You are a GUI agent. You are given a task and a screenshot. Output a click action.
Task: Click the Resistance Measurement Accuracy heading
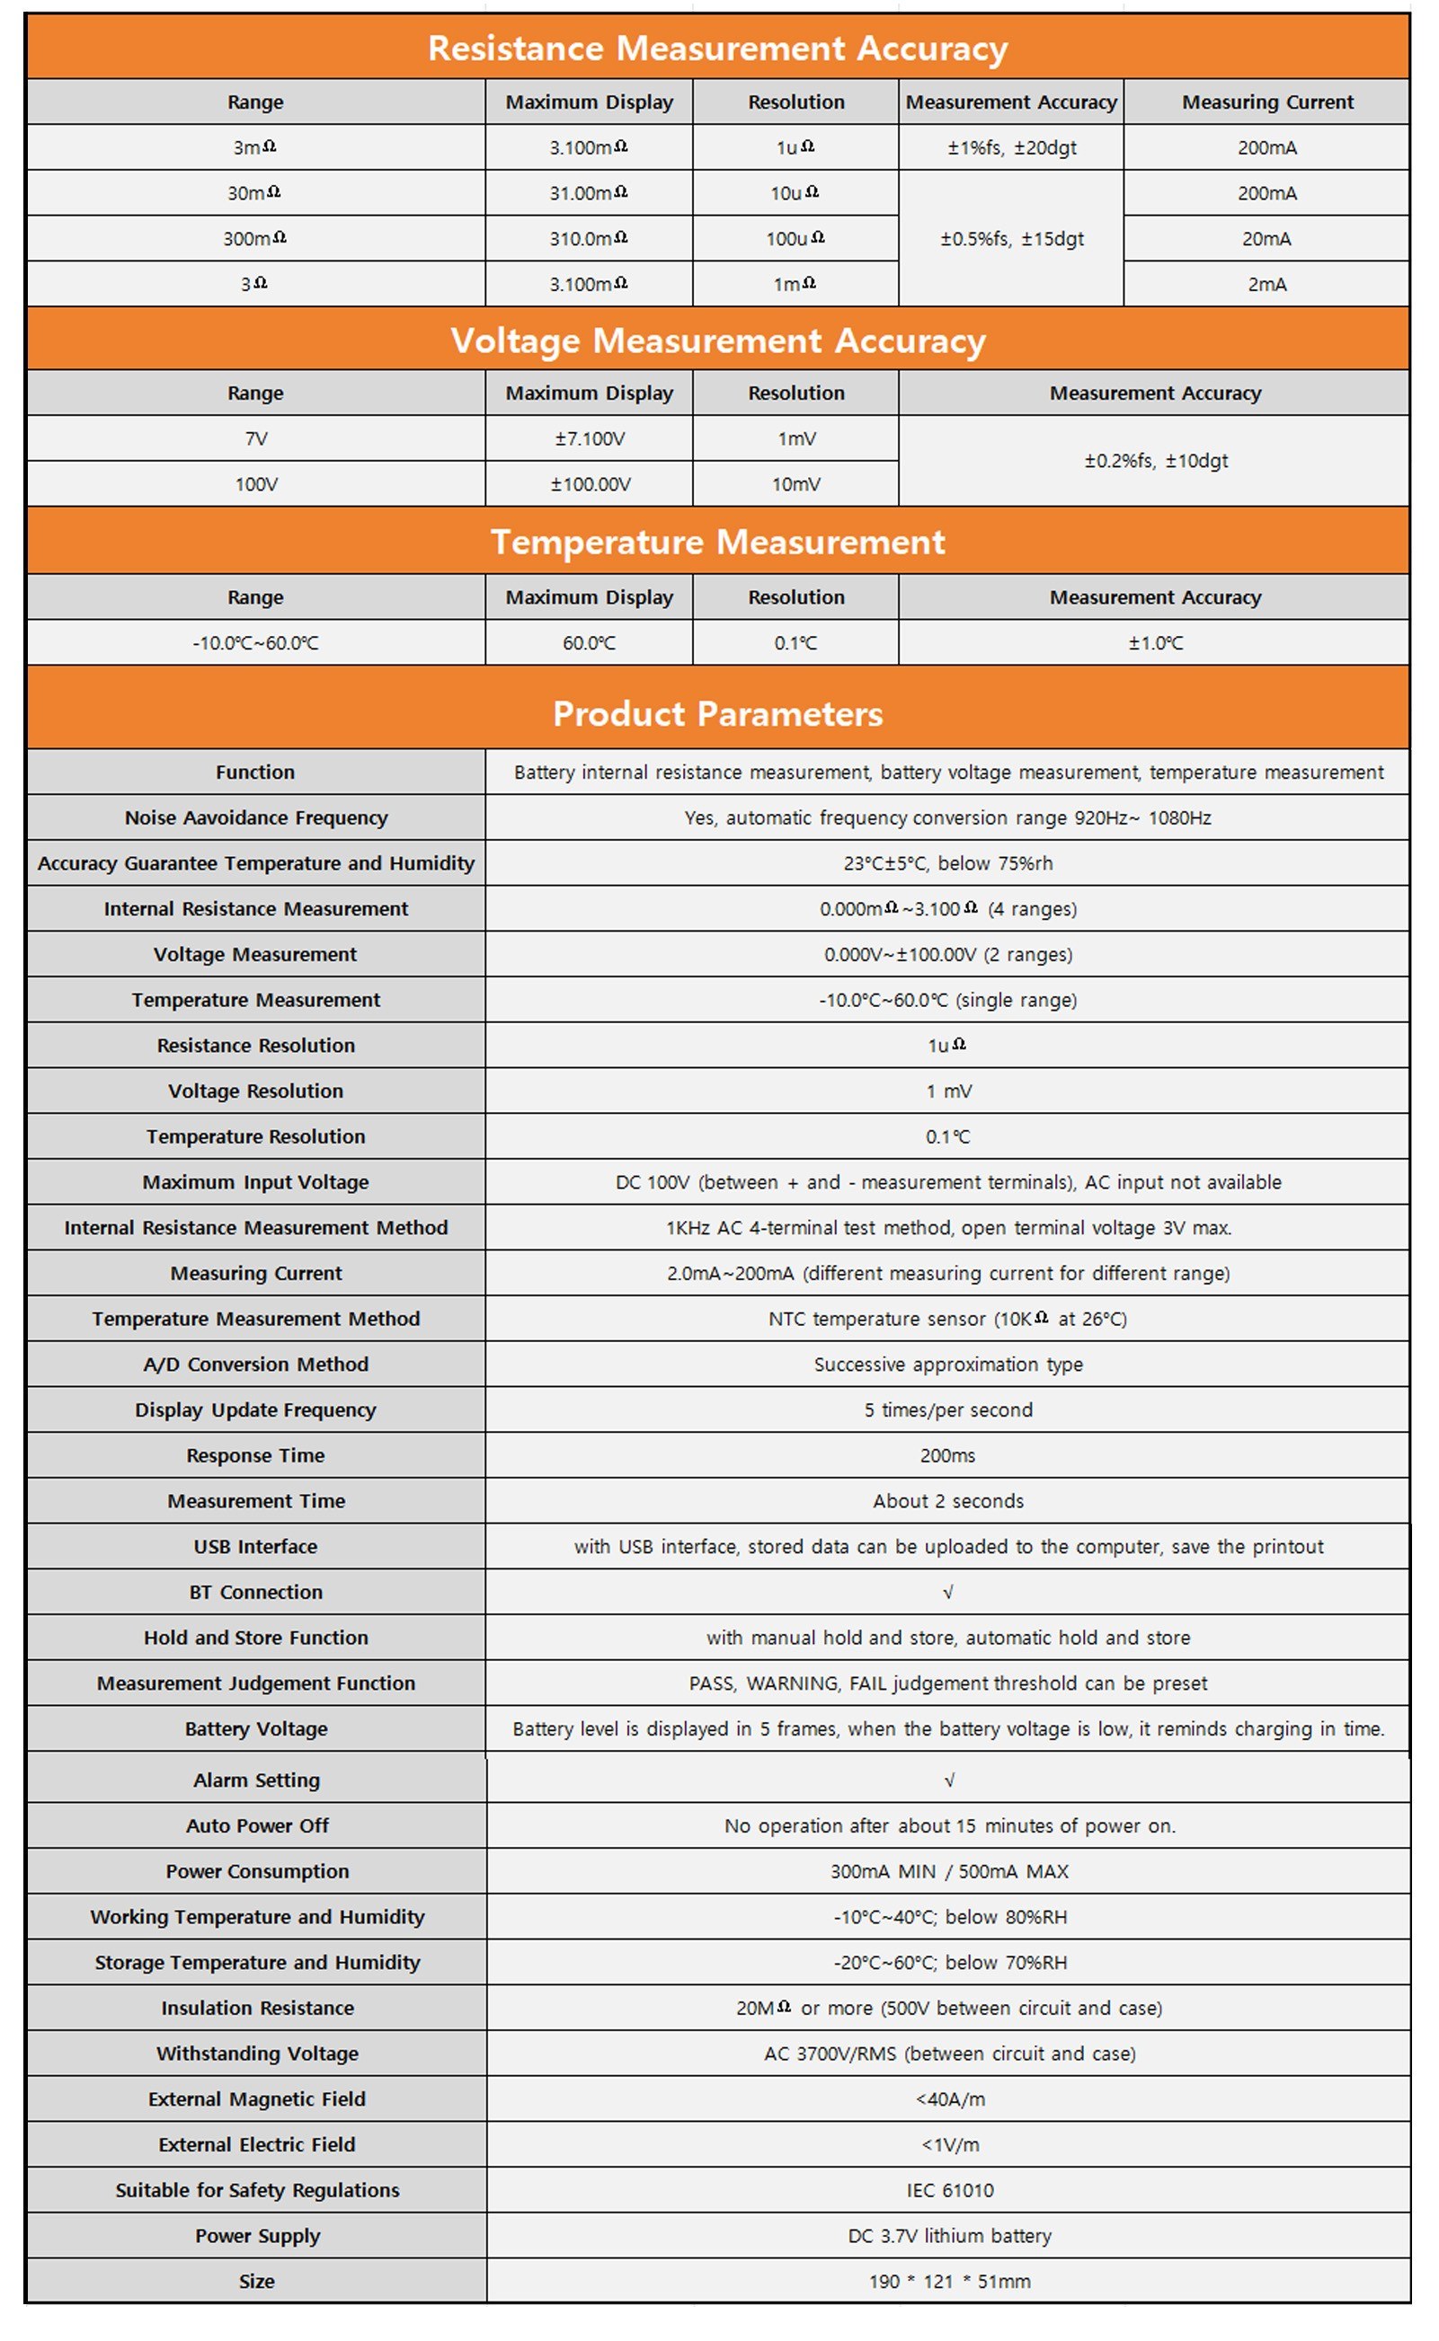coord(717,49)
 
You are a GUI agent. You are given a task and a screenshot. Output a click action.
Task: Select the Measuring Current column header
coord(1266,102)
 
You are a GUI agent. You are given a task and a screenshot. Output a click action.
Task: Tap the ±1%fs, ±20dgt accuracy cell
coord(1011,147)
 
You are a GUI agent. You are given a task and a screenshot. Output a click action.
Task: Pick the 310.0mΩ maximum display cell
coord(588,239)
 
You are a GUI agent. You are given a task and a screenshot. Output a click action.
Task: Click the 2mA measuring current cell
coord(1266,285)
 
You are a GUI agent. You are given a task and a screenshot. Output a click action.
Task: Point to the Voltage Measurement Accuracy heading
coord(717,340)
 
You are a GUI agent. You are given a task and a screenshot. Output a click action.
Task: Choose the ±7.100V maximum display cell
coord(589,438)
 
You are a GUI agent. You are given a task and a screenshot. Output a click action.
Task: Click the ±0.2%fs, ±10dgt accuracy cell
coord(1155,462)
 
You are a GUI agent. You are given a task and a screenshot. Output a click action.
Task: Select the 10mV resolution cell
coord(795,484)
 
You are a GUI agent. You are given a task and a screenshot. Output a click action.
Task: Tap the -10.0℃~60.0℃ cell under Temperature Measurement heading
coord(255,643)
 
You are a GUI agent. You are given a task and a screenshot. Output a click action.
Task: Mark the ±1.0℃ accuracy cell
coord(1155,643)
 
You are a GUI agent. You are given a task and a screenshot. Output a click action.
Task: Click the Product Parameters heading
coord(717,713)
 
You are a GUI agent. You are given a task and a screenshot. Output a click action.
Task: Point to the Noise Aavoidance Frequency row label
coord(256,818)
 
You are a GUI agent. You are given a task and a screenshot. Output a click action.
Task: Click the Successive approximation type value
coord(948,1364)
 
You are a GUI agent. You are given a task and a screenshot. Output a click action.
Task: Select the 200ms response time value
coord(948,1455)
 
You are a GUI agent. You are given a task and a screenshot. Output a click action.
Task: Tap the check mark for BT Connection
coord(948,1593)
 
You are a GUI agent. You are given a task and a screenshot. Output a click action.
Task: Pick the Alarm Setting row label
coord(256,1780)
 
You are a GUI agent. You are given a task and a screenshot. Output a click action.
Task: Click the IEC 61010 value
coord(950,2190)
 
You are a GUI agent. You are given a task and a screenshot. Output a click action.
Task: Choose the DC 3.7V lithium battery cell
coord(950,2235)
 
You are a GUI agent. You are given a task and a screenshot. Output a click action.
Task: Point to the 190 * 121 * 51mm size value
coord(950,2281)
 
